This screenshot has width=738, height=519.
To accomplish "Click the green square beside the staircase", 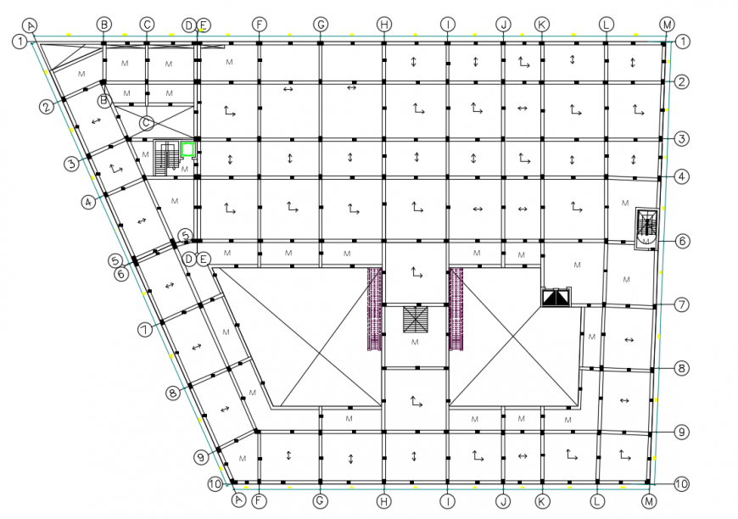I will [x=187, y=150].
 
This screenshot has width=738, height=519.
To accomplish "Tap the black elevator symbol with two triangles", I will [x=556, y=298].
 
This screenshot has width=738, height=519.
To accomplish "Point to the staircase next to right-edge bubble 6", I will [x=648, y=226].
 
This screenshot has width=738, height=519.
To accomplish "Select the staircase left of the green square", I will [x=166, y=156].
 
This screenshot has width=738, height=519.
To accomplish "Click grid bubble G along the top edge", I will [x=321, y=25].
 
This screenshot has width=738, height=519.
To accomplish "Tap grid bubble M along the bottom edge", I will [x=649, y=500].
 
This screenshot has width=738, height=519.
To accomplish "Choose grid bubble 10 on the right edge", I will [x=681, y=484].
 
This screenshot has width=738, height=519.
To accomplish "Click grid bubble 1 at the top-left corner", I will [x=19, y=40].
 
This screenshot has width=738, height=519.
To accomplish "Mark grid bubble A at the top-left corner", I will [x=31, y=25].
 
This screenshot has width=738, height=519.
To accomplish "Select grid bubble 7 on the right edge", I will [x=681, y=304].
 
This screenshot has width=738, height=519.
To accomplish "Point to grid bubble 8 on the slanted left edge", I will [x=173, y=393].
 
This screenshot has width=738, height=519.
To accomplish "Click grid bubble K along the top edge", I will [x=541, y=25].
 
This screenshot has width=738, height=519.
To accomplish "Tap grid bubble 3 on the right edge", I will [x=681, y=138].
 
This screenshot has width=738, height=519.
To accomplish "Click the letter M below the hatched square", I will [x=415, y=342].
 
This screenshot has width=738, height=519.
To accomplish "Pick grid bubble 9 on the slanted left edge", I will [x=201, y=457].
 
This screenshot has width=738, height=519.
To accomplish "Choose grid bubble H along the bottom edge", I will [x=384, y=500].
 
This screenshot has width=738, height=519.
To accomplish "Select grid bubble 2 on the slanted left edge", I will [x=46, y=106].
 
